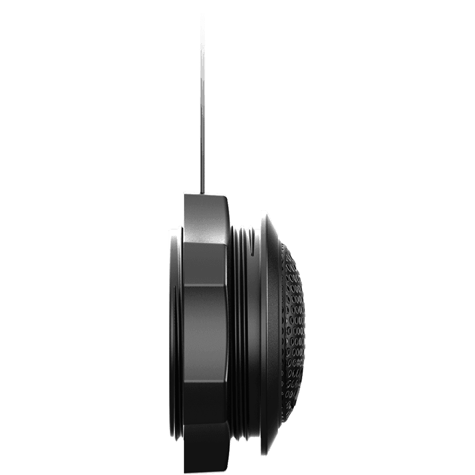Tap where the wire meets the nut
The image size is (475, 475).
click(x=202, y=192)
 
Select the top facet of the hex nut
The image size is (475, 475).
click(x=205, y=217)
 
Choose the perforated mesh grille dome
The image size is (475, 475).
click(x=294, y=332)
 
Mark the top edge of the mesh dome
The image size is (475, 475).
click(x=285, y=246)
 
